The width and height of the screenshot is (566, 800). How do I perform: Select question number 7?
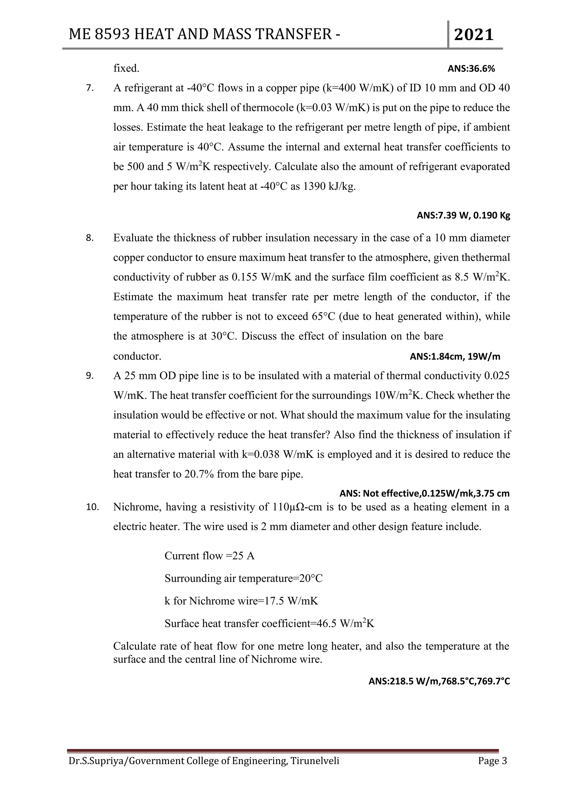point(90,88)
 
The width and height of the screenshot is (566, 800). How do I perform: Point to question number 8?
point(90,238)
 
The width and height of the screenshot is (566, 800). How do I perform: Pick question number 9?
point(90,376)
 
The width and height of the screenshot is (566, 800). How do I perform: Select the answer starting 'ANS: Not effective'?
point(424,493)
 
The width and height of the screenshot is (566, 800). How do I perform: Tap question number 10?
point(92,507)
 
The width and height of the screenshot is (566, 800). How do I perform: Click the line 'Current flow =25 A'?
point(209,556)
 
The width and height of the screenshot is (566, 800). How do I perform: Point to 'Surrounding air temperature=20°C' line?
point(243,578)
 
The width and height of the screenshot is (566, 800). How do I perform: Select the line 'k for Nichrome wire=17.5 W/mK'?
point(241,601)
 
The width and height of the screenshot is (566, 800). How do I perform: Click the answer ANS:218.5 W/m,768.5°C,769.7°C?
point(439,681)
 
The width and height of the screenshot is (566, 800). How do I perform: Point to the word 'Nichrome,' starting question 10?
point(137,507)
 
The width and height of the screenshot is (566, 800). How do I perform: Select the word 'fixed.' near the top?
point(126,69)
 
